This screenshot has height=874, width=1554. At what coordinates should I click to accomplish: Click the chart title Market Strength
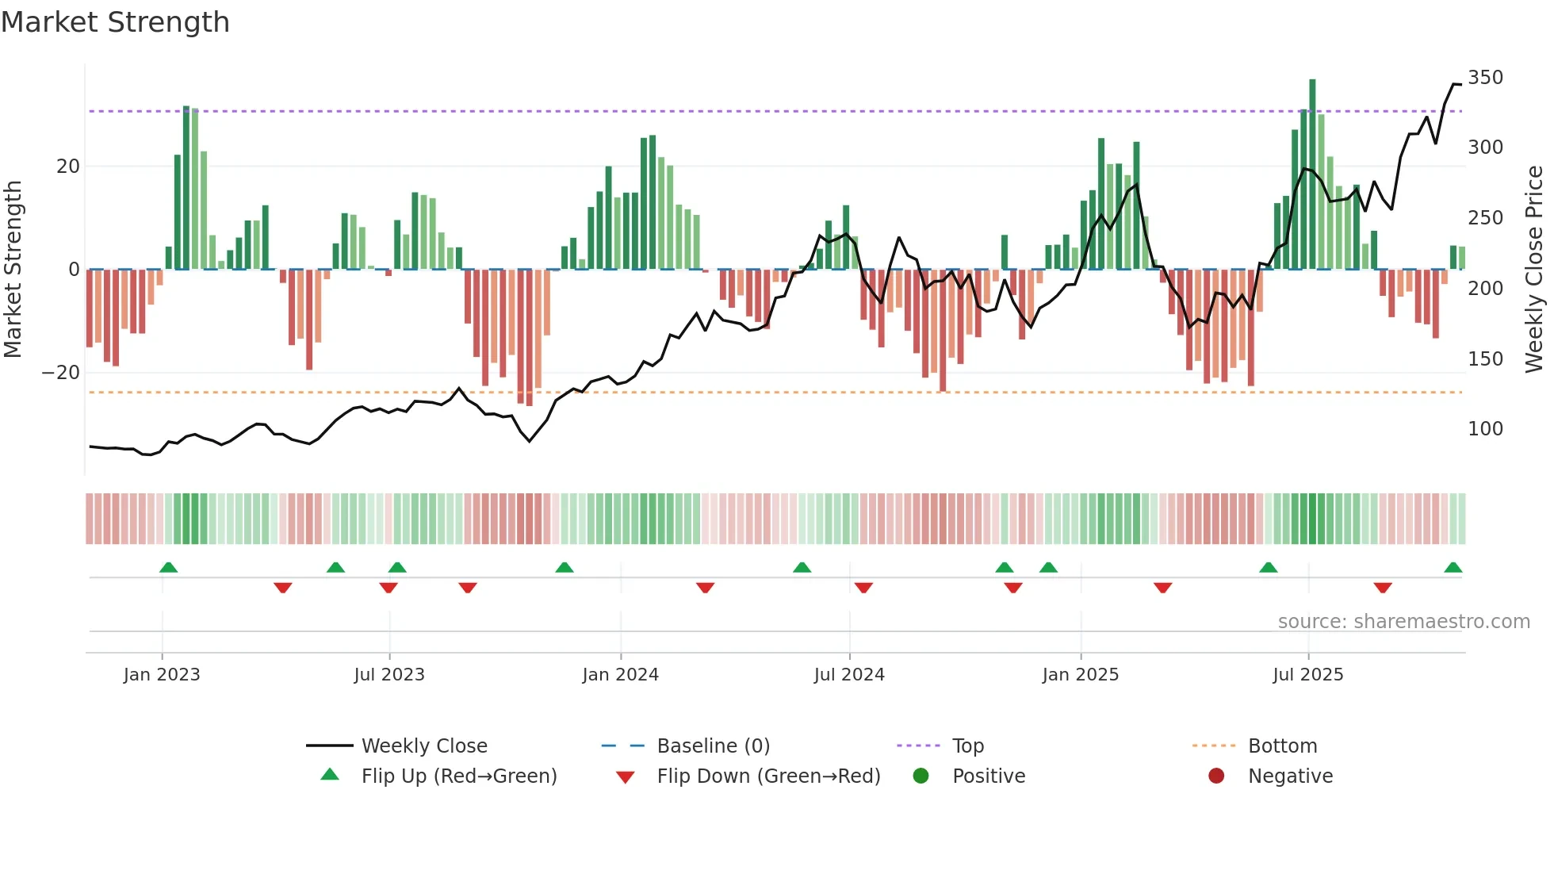(x=115, y=22)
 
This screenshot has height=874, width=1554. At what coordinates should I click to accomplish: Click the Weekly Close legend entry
(x=423, y=746)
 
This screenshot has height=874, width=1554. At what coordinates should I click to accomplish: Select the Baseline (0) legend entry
(x=713, y=746)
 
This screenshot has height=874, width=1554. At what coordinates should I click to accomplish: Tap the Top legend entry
(x=967, y=746)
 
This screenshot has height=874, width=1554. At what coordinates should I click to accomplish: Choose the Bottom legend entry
(x=1282, y=746)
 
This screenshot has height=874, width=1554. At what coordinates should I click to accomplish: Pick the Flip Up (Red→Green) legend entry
(x=458, y=776)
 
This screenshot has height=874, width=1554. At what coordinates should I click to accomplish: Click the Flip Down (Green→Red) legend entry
(x=767, y=776)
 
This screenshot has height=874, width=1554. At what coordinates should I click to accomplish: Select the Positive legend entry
(x=988, y=776)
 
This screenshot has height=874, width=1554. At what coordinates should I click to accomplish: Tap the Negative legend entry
(x=1290, y=776)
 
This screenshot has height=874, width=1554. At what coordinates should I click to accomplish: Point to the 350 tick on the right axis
(x=1485, y=78)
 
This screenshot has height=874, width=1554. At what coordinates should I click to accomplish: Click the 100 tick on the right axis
(x=1485, y=429)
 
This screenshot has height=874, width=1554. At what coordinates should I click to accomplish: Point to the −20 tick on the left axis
(x=61, y=373)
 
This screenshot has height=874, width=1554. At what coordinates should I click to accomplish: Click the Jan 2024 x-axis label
(x=620, y=675)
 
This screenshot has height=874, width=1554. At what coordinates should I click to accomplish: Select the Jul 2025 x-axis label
(x=1307, y=675)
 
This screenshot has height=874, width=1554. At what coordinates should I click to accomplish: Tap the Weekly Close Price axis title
(x=1534, y=270)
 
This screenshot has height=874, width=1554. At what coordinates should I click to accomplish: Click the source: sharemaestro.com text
(x=1403, y=622)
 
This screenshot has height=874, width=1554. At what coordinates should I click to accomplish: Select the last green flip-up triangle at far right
(x=1453, y=568)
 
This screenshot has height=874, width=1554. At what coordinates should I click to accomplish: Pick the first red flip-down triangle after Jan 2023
(x=283, y=588)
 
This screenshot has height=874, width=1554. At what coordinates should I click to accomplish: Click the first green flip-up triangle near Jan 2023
(x=168, y=568)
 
